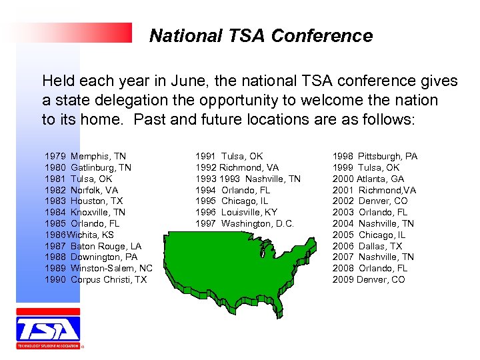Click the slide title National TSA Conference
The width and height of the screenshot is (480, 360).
[261, 36]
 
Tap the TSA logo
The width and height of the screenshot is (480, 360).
[48, 328]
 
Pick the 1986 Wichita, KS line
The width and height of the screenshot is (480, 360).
[79, 235]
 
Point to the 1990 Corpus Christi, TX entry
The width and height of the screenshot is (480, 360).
[96, 279]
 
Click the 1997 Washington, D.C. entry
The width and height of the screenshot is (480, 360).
[244, 223]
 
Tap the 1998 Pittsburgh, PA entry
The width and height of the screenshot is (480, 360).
[375, 156]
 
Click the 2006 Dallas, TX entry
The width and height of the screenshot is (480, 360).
[367, 246]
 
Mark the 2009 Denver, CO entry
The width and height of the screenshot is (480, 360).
[369, 279]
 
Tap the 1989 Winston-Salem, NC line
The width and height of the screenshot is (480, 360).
[99, 268]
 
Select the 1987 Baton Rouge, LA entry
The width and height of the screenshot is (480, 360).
[93, 246]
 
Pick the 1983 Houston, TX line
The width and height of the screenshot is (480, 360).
[84, 201]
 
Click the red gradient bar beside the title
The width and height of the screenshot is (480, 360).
[73, 33]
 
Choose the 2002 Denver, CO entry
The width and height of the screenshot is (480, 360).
[370, 201]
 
